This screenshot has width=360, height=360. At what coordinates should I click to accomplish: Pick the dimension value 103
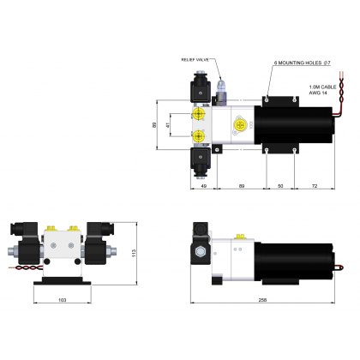(x=62, y=299)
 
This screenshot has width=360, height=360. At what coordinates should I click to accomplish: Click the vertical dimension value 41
(x=168, y=126)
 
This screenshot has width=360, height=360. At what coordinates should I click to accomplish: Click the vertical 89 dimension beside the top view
(x=155, y=125)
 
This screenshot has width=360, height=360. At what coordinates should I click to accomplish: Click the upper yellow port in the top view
(x=200, y=114)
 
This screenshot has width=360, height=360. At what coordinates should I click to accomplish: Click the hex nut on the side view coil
(x=201, y=254)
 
